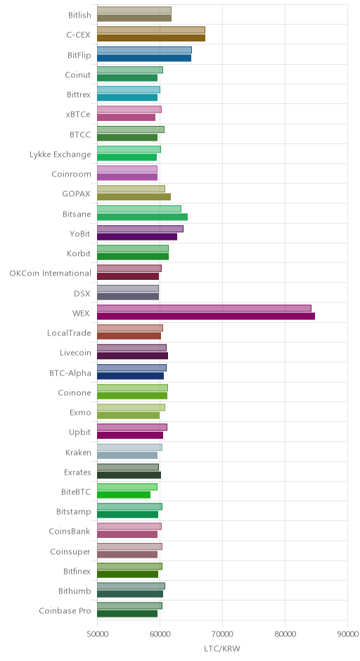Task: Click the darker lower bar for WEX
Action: [206, 316]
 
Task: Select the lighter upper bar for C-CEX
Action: [151, 30]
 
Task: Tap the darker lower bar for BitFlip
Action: [144, 58]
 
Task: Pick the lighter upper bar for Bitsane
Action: [139, 209]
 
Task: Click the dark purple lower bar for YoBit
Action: [137, 237]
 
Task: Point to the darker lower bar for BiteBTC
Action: [124, 495]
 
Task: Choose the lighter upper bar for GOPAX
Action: [131, 189]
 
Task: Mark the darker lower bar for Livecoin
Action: [132, 356]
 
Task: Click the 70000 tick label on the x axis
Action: [223, 634]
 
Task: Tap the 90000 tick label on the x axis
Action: [348, 634]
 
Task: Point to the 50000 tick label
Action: [97, 634]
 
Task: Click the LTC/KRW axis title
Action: [222, 648]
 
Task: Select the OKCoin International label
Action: [50, 273]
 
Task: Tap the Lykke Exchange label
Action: [60, 154]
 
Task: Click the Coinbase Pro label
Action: [65, 610]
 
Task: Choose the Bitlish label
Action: [79, 15]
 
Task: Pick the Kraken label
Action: [79, 452]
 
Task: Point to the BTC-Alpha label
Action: [70, 373]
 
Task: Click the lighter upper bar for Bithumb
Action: [131, 586]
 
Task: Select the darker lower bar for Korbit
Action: [133, 257]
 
